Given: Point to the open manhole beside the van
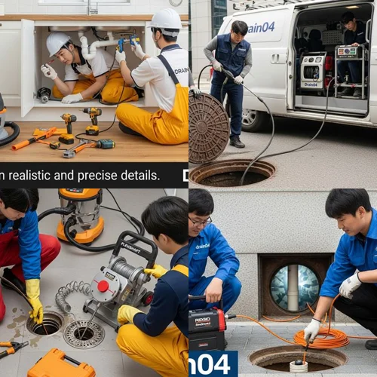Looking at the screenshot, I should tap(232, 173).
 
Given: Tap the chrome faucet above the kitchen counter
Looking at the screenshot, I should tap(92, 7).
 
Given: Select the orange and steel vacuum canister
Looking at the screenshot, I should tap(80, 216).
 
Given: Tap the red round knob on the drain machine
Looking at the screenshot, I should tap(103, 287).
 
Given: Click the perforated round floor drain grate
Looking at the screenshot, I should tap(84, 333).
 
